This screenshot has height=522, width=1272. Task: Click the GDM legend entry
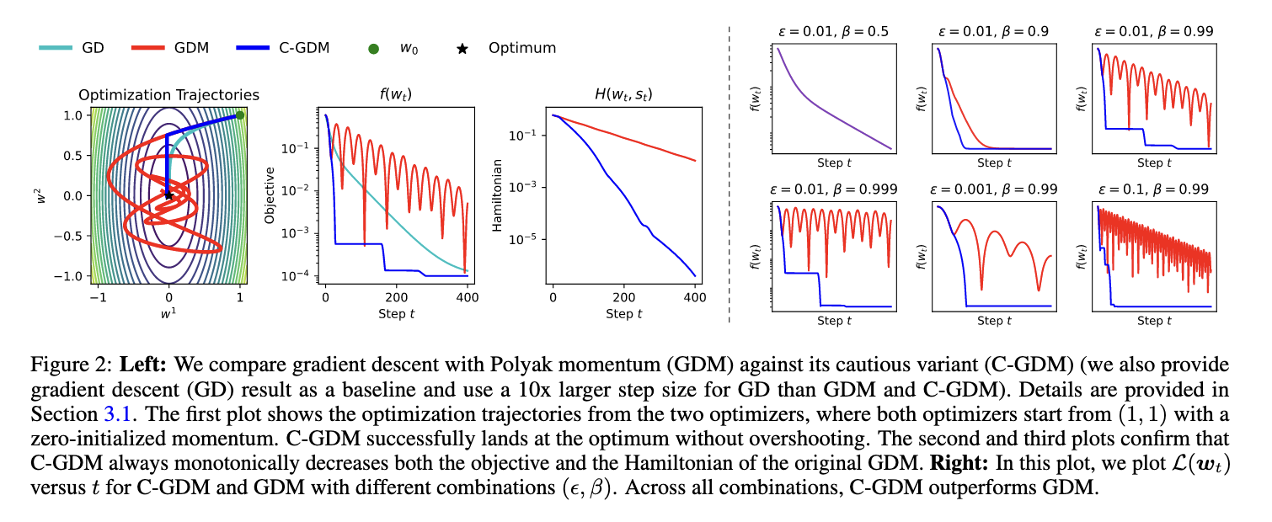tap(168, 48)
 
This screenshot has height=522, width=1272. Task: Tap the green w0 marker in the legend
tap(373, 48)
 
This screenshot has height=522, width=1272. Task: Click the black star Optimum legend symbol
tap(461, 48)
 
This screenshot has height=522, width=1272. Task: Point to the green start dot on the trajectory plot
tap(240, 115)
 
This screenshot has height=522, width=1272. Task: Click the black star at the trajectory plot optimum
tap(168, 195)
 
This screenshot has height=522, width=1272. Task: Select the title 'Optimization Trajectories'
tap(168, 95)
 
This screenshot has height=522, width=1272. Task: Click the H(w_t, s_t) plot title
tap(623, 95)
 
